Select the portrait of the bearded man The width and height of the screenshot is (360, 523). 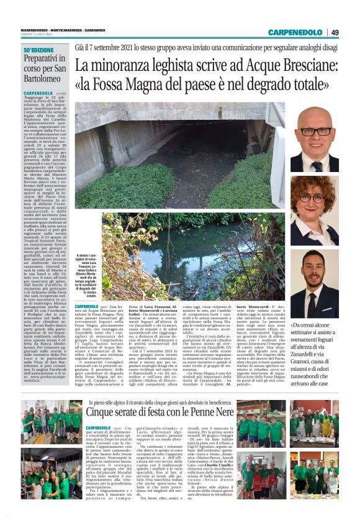pos(315,283)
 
